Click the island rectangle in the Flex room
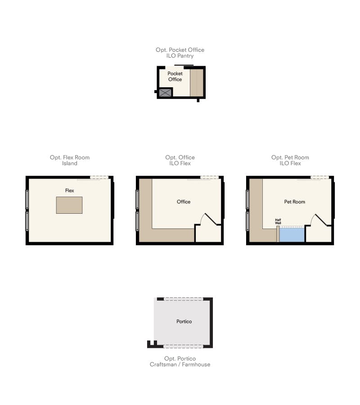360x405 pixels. pyautogui.click(x=69, y=205)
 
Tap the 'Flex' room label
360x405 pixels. pyautogui.click(x=69, y=191)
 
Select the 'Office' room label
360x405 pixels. pyautogui.click(x=184, y=202)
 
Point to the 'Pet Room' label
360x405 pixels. pyautogui.click(x=294, y=202)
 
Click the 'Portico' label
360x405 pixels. pyautogui.click(x=184, y=321)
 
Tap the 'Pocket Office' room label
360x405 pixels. pyautogui.click(x=175, y=76)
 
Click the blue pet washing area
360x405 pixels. pyautogui.click(x=292, y=234)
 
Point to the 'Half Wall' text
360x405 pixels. pyautogui.click(x=278, y=222)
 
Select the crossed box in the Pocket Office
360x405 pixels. pyautogui.click(x=165, y=93)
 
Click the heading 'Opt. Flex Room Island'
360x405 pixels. pyautogui.click(x=70, y=160)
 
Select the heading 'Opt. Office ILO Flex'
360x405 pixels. pyautogui.click(x=180, y=160)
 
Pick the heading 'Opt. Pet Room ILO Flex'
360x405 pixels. pyautogui.click(x=290, y=160)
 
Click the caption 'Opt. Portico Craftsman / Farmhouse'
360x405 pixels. pyautogui.click(x=180, y=361)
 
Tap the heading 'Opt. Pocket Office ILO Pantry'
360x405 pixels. pyautogui.click(x=180, y=53)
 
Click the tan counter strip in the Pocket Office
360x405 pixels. pyautogui.click(x=196, y=83)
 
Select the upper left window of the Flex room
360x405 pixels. pyautogui.click(x=27, y=199)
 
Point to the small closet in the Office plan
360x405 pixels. pyautogui.click(x=207, y=234)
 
